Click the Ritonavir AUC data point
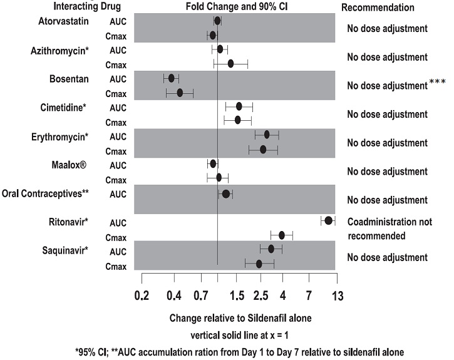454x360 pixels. point(328,220)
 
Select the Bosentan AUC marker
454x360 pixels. point(172,78)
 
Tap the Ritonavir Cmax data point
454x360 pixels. point(282,235)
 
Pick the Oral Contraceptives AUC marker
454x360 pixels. point(226,193)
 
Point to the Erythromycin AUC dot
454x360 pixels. point(267,135)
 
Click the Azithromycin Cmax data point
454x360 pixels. point(230,63)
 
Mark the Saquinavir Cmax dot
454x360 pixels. point(259,264)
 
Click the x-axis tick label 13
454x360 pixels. point(337,296)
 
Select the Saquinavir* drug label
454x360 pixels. point(65,250)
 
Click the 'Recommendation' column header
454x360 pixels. point(378,8)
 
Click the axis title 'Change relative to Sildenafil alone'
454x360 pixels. point(240,318)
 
